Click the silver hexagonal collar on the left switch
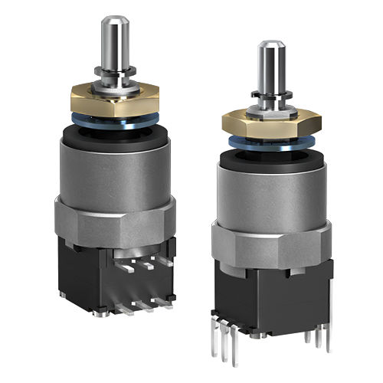tap(115, 222)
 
